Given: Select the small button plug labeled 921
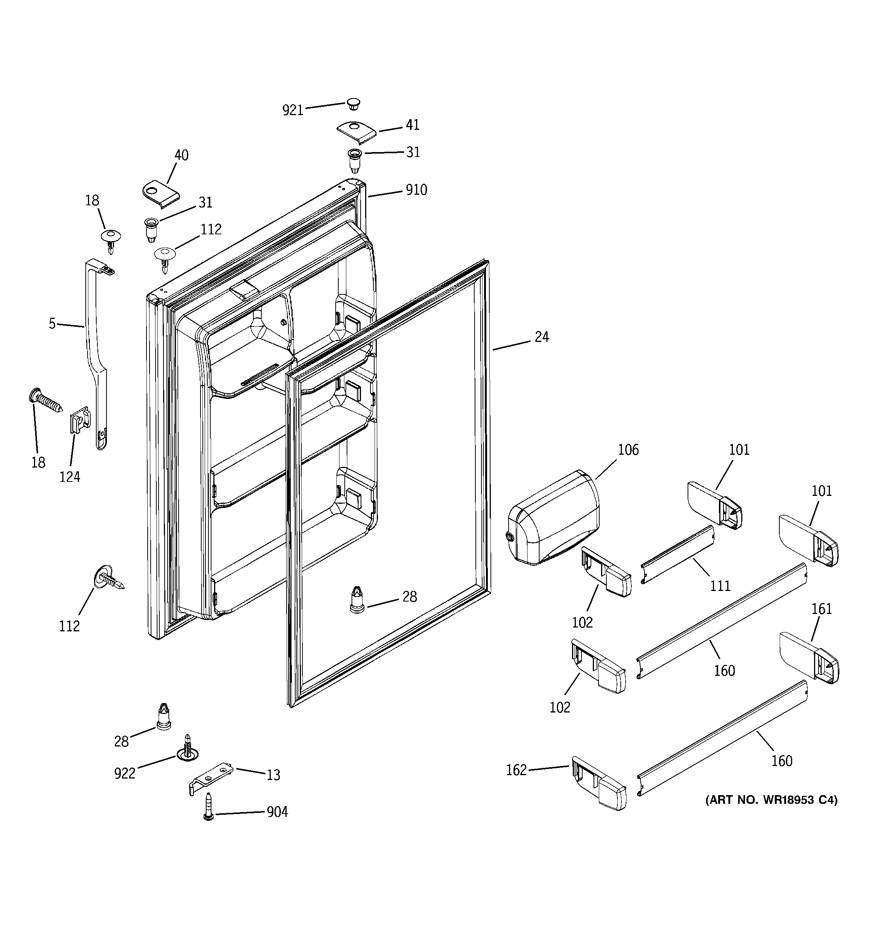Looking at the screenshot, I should pos(353,103).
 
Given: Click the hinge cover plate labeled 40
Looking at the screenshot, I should pos(160,193).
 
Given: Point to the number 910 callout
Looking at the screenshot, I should pos(416,190).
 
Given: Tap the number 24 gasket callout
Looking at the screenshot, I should pos(542,337).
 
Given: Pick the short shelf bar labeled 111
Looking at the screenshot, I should pos(677,555).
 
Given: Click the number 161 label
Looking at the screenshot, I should pos(822,609).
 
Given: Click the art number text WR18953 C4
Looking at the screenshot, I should pos(771,800).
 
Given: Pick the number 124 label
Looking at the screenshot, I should pos(69,477).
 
